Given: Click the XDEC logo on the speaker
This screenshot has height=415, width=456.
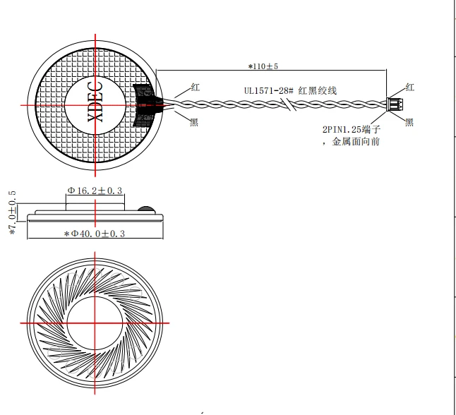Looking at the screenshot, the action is click(95, 102).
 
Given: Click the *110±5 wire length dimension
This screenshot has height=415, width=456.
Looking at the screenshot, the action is click(263, 66).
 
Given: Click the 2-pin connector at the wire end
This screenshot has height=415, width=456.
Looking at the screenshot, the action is click(395, 104).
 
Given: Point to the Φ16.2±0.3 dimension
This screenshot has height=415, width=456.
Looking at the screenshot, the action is click(95, 191).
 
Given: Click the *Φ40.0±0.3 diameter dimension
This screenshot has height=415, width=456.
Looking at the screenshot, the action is click(95, 234).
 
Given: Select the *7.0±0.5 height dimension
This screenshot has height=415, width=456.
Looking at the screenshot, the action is click(13, 213).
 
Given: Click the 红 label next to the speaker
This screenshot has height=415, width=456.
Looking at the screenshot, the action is click(196, 88).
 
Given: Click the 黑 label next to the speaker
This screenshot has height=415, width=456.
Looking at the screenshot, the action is click(194, 122).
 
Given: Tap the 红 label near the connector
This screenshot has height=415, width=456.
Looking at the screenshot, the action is click(409, 88).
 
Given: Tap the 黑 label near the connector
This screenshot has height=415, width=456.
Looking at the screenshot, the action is click(409, 122).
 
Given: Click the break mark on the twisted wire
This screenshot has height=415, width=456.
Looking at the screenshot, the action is click(289, 104).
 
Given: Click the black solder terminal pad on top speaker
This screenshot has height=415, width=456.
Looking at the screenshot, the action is click(144, 105).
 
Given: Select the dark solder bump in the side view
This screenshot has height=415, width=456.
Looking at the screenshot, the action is click(146, 210).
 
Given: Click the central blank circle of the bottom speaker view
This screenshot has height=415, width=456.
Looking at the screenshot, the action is click(95, 323).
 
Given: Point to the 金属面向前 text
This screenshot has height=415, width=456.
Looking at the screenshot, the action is click(356, 142).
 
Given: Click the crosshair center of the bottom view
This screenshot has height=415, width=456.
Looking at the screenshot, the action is click(95, 323).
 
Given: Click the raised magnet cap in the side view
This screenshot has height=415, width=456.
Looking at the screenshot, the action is click(95, 207).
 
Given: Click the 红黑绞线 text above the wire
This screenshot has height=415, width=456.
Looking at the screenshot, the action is click(318, 91).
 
